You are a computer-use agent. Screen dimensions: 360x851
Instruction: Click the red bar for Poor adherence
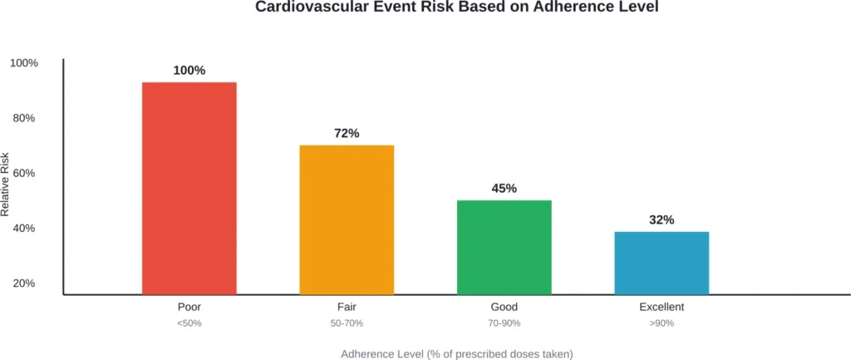pyautogui.click(x=189, y=188)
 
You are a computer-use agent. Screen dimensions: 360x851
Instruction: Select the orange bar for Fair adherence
pyautogui.click(x=347, y=219)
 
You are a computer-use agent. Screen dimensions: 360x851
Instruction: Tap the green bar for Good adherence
pyautogui.click(x=504, y=247)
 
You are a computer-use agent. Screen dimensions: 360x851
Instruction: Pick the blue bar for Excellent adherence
pyautogui.click(x=662, y=263)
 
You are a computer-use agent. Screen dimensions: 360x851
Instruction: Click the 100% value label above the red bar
pyautogui.click(x=189, y=71)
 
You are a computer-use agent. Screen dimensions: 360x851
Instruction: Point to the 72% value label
pyautogui.click(x=347, y=134)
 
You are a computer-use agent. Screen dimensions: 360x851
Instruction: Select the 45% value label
pyautogui.click(x=504, y=189)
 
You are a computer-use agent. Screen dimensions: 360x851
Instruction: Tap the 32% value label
pyautogui.click(x=662, y=220)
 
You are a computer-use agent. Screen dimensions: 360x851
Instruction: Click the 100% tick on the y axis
pyautogui.click(x=23, y=63)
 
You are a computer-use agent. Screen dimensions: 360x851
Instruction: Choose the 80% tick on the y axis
pyautogui.click(x=25, y=118)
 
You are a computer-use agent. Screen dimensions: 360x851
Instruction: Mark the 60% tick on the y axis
pyautogui.click(x=25, y=173)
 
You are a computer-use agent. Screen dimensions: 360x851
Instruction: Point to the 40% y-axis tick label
pyautogui.click(x=25, y=228)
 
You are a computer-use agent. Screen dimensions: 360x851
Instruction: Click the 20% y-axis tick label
pyautogui.click(x=25, y=283)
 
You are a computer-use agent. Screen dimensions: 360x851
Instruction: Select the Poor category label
pyautogui.click(x=189, y=307)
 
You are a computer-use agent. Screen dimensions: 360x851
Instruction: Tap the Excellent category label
pyautogui.click(x=662, y=307)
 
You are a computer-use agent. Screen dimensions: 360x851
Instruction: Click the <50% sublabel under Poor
pyautogui.click(x=189, y=323)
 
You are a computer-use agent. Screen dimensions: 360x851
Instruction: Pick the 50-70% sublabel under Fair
pyautogui.click(x=347, y=323)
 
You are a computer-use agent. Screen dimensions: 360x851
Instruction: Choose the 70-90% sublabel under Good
pyautogui.click(x=504, y=323)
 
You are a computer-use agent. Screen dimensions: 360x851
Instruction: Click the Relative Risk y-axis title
pyautogui.click(x=6, y=185)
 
